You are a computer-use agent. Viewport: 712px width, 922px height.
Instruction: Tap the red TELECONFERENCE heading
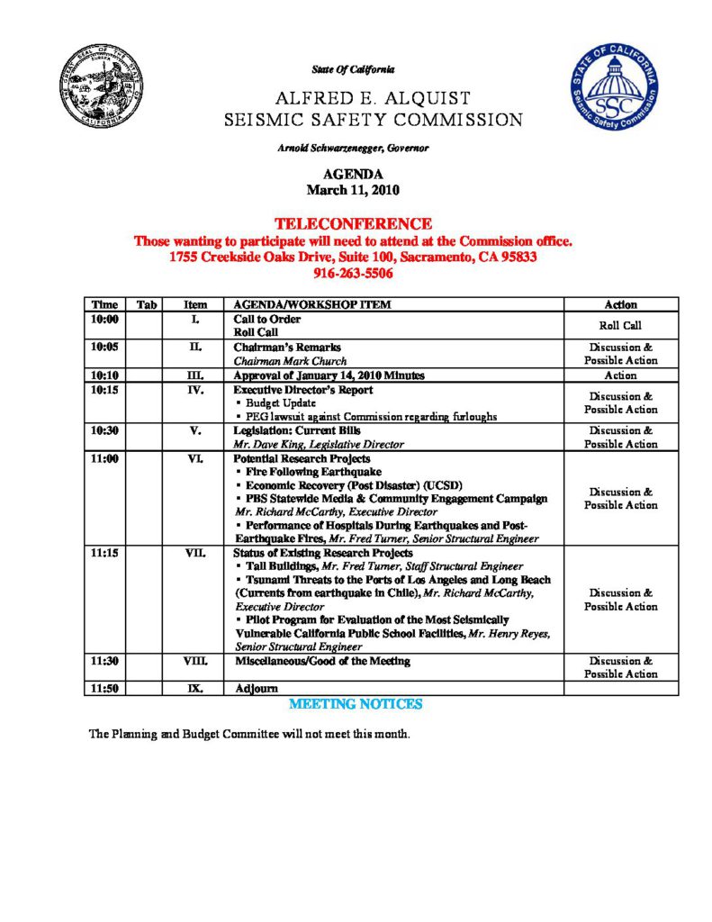(353, 223)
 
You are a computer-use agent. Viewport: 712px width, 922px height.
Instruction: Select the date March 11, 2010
(353, 190)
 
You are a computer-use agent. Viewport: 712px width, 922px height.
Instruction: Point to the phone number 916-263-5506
(353, 274)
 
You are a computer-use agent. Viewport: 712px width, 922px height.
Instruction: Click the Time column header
(104, 305)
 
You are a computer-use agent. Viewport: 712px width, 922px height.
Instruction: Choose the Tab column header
(147, 305)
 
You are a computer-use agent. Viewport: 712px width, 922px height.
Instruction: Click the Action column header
(620, 305)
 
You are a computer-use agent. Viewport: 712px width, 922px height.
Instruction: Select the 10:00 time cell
(104, 320)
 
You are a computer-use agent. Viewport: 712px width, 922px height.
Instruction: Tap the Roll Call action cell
(620, 326)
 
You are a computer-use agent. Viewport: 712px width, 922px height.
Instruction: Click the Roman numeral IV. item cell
(196, 391)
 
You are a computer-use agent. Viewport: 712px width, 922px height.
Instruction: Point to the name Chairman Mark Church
(277, 360)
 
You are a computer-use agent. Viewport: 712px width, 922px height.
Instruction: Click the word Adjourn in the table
(256, 689)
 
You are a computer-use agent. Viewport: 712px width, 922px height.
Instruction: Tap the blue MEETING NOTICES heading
(355, 703)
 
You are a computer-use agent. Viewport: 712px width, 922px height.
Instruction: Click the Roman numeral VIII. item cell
(196, 661)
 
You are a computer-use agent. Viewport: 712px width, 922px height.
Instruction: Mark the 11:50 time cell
(104, 689)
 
